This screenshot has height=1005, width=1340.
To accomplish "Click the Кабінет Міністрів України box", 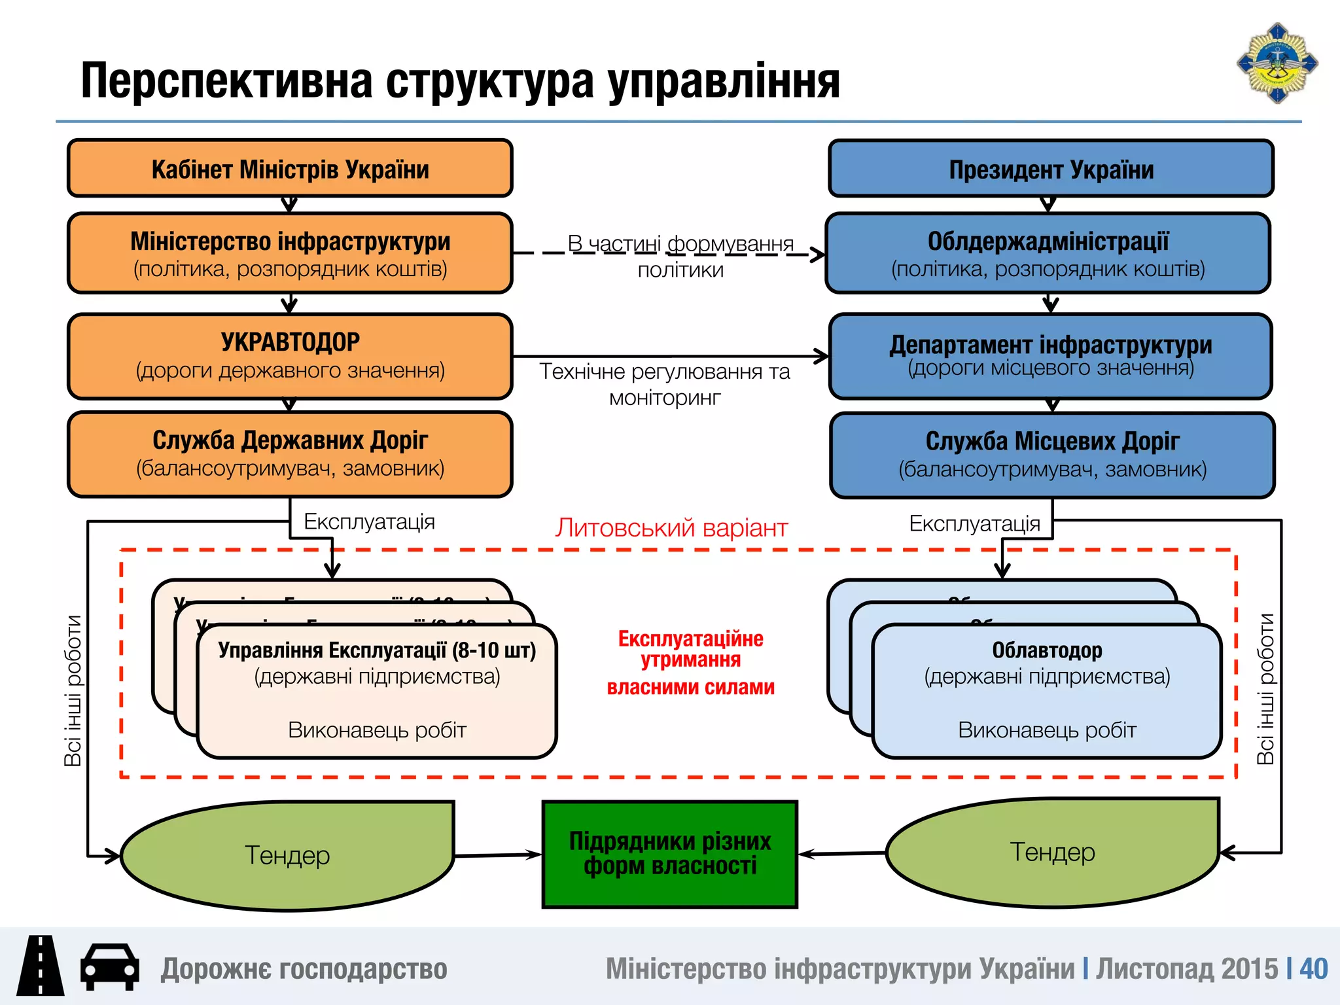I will pos(290,168).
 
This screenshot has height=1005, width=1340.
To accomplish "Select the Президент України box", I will pos(1051,169).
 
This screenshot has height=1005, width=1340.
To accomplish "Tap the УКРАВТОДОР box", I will pos(290,356).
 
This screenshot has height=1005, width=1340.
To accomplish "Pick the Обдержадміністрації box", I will pos(1048,253).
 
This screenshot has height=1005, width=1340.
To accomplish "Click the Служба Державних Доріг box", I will pos(290,454).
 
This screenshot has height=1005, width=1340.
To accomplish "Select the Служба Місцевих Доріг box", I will pos(1052,455).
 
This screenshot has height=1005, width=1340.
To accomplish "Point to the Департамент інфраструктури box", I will pos(1050,356).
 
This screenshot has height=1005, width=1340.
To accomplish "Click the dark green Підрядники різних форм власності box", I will pos(669,854).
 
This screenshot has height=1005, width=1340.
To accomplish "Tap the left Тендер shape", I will pos(287,855).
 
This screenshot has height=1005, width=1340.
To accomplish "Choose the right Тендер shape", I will pos(1052,853).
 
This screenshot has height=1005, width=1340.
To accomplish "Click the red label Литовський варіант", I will pos(671,527).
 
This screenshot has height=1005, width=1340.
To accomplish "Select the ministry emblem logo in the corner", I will pos(1277,63).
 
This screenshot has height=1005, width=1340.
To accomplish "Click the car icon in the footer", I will pos(109,967).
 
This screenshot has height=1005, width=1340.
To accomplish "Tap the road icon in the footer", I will pos(41,966).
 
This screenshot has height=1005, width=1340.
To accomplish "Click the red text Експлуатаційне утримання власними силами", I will pos(690,662).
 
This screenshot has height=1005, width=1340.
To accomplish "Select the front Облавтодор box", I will pos(1047,690).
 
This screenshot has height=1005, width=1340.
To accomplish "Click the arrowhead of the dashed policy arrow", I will pos(818,254).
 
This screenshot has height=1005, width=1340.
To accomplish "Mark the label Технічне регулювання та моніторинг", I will pos(665,384).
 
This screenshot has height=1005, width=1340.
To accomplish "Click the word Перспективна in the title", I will pos(226,81).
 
